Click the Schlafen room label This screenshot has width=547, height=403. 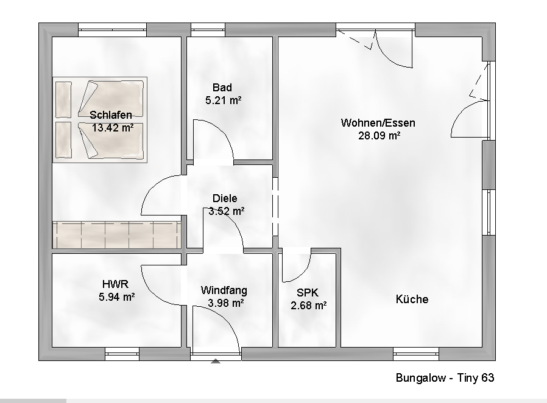(110, 114)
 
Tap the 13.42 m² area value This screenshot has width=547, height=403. (112, 128)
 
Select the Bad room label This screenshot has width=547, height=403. (222, 88)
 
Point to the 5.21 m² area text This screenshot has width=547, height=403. (224, 101)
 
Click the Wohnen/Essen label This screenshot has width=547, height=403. (378, 123)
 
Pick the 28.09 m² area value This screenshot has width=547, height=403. (379, 136)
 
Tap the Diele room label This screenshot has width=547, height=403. (225, 198)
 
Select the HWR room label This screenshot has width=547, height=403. (115, 284)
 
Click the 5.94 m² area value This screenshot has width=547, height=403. (116, 297)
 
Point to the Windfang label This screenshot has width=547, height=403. (224, 290)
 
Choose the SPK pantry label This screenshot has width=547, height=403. (308, 292)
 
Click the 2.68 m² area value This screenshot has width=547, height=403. (309, 306)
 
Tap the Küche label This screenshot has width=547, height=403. (412, 299)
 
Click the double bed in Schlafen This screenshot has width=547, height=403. (100, 120)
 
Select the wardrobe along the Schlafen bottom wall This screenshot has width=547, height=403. (116, 235)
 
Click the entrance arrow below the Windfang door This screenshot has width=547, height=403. (215, 361)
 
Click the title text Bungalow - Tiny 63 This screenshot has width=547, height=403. (445, 378)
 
